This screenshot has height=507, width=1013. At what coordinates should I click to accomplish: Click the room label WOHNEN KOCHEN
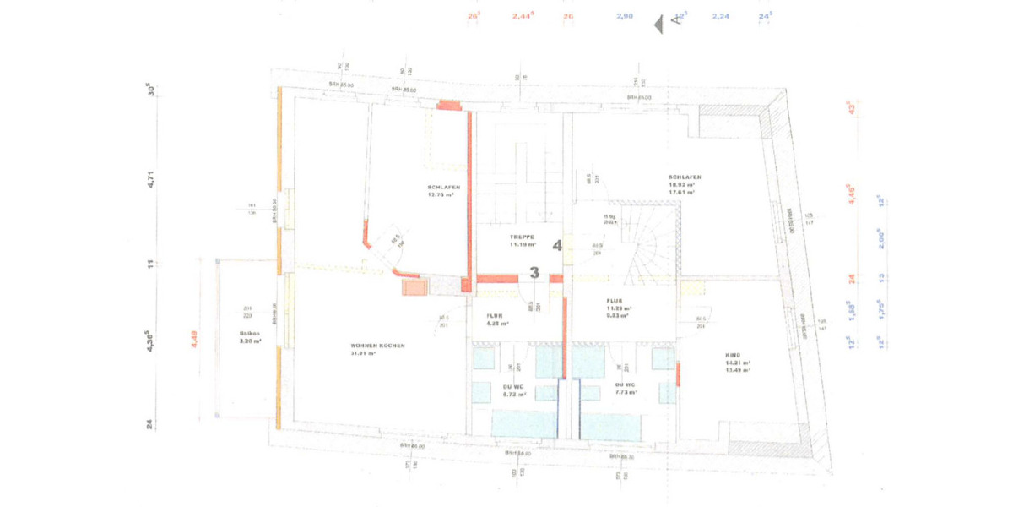pyautogui.click(x=378, y=346)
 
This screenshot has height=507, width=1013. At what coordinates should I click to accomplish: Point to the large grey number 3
pyautogui.click(x=534, y=272)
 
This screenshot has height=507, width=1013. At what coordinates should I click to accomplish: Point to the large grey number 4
pyautogui.click(x=557, y=246)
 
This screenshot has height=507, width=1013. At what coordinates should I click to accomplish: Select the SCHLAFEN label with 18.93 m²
pyautogui.click(x=684, y=177)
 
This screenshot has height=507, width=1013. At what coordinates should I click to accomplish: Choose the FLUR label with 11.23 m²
pyautogui.click(x=614, y=301)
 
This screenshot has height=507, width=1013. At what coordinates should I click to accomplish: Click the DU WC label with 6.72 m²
pyautogui.click(x=514, y=387)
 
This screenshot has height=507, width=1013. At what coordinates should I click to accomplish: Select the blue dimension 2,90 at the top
pyautogui.click(x=625, y=16)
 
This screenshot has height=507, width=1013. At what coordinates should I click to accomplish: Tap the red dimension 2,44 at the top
pyautogui.click(x=523, y=16)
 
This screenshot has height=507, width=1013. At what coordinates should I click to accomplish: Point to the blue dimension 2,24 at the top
pyautogui.click(x=720, y=16)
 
